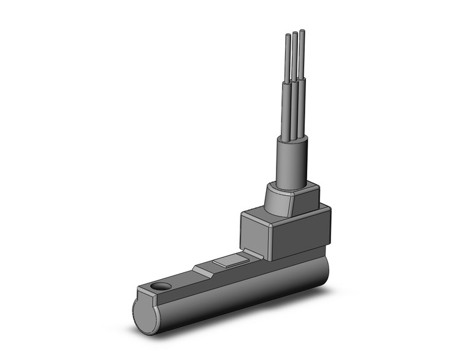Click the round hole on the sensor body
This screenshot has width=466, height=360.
click(162, 286)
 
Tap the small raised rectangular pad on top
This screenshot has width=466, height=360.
click(230, 264)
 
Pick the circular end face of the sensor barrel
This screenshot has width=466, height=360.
click(147, 310)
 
